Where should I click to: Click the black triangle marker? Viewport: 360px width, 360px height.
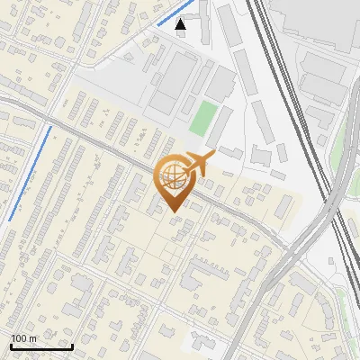pos(181,24)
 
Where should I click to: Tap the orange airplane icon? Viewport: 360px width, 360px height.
pos(200,163)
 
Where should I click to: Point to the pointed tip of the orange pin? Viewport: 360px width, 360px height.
pos(175,211)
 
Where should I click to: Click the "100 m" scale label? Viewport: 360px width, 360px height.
pos(23,338)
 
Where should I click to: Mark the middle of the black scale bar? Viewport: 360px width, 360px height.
pos(41,346)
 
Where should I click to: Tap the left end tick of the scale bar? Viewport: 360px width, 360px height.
pos(11,346)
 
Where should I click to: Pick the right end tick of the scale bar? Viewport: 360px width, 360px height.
pos(72,346)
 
